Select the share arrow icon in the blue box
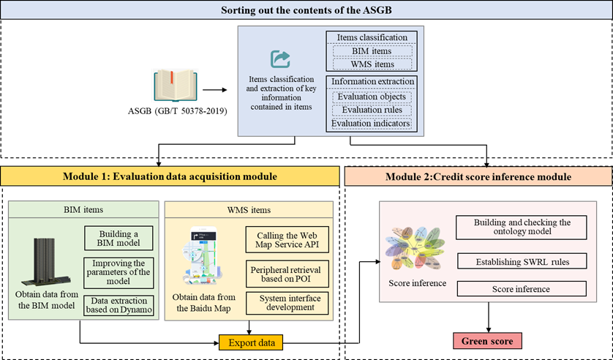(280, 59)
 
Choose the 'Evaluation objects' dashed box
(372, 96)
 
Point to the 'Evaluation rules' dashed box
(372, 110)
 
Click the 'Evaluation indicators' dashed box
(371, 124)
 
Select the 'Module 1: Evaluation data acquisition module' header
(170, 176)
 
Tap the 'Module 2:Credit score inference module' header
(478, 176)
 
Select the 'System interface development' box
(287, 301)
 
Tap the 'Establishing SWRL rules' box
(521, 260)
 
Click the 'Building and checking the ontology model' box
(522, 227)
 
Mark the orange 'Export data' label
(250, 342)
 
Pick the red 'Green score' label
(486, 341)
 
